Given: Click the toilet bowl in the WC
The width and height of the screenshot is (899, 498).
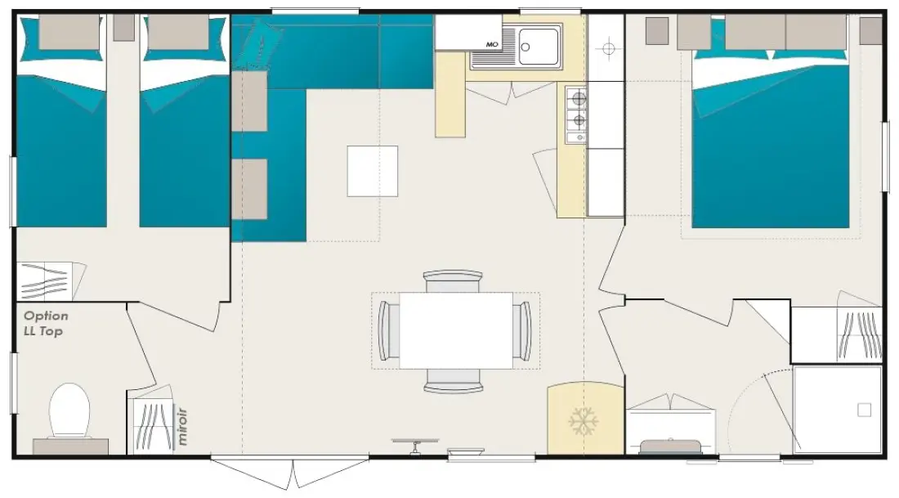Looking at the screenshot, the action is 69,410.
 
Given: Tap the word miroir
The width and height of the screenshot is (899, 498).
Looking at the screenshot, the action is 182,426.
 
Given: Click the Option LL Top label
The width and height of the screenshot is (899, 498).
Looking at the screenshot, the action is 46,323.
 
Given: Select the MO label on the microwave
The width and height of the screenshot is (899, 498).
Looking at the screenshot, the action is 492,44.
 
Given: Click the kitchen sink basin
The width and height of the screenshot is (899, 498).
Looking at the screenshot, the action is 539,46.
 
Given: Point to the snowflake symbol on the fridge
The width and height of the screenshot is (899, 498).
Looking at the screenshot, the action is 584,421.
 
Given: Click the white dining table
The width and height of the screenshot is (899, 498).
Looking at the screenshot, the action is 456,330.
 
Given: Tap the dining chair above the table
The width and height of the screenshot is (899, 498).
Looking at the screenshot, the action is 453,280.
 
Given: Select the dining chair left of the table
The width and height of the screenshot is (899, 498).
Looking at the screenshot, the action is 389,330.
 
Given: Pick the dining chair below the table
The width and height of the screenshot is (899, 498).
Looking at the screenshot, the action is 453,380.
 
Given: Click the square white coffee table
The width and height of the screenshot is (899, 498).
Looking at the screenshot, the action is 372,171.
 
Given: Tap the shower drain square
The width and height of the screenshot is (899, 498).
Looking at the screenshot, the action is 864,410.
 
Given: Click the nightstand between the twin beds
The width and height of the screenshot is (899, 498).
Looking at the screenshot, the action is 123,28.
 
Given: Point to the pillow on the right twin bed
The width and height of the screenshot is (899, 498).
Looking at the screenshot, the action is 178,32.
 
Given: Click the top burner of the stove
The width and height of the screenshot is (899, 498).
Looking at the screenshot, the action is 579,99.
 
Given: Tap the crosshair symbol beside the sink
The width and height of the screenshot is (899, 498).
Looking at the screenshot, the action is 608,48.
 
